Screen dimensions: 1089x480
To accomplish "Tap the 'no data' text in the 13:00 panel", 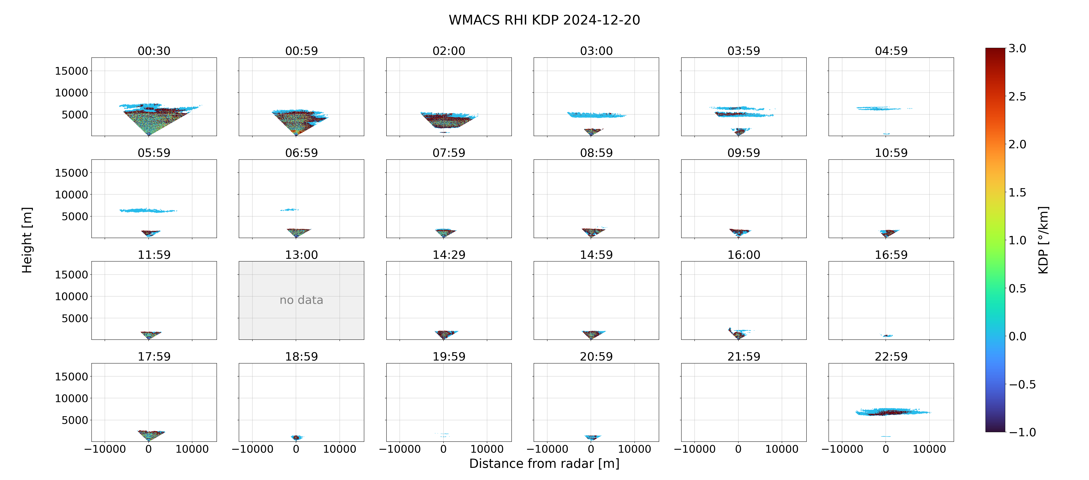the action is pos(302,300).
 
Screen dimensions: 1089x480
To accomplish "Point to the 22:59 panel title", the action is pos(891,357).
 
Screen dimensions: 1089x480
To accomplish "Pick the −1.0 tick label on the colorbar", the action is pos(1022,432).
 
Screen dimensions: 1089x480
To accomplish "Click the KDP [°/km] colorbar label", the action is pos(1043,240).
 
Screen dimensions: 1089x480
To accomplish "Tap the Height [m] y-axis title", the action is pos(27,240).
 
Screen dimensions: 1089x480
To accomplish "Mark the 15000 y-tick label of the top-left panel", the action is pos(72,71).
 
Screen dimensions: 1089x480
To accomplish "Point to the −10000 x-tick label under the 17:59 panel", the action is pos(105,449).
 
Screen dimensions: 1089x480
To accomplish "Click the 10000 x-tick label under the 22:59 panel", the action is pos(929,449).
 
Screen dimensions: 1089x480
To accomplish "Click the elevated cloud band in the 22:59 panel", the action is pos(893,412).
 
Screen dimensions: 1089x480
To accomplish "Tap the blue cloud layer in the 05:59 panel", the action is pos(148,210).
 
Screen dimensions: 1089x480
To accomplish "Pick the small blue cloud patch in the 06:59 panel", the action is pos(289,209).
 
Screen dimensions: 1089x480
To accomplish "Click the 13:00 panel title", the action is pos(302,255).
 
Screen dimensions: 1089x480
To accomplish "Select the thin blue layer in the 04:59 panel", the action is pos(884,109).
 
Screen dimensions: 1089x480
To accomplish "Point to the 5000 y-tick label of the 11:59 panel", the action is pos(75,318).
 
